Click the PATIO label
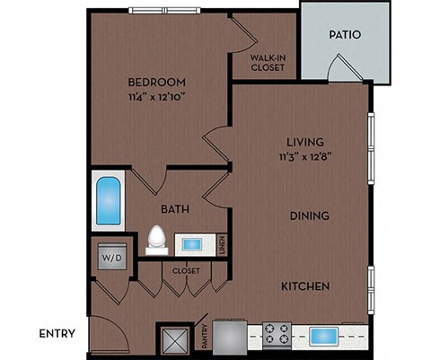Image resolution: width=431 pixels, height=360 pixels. click(x=344, y=36)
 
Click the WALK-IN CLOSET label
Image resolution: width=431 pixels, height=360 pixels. click(x=267, y=63)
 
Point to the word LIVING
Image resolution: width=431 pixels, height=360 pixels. click(x=304, y=141)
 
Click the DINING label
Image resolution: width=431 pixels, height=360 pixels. click(x=309, y=215)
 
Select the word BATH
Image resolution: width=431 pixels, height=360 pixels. click(x=174, y=209)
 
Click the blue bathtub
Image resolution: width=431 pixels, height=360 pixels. click(x=109, y=202)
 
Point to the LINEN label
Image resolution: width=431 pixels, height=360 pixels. click(x=221, y=243)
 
